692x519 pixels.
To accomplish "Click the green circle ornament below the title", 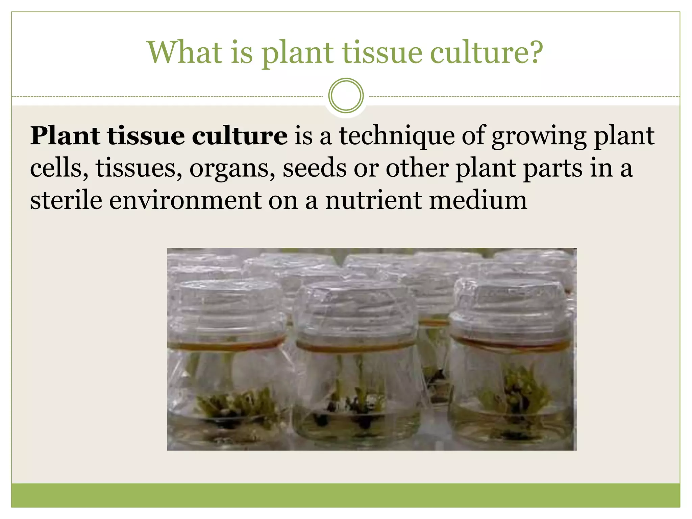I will (346, 95).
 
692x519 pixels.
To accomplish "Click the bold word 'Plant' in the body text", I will (66, 136).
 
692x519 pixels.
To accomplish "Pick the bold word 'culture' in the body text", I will (240, 136).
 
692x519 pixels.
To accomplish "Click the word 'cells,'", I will (59, 168).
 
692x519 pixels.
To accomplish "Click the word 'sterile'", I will (66, 200).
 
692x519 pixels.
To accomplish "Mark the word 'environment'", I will (186, 200).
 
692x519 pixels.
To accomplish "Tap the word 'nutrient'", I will (373, 200).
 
